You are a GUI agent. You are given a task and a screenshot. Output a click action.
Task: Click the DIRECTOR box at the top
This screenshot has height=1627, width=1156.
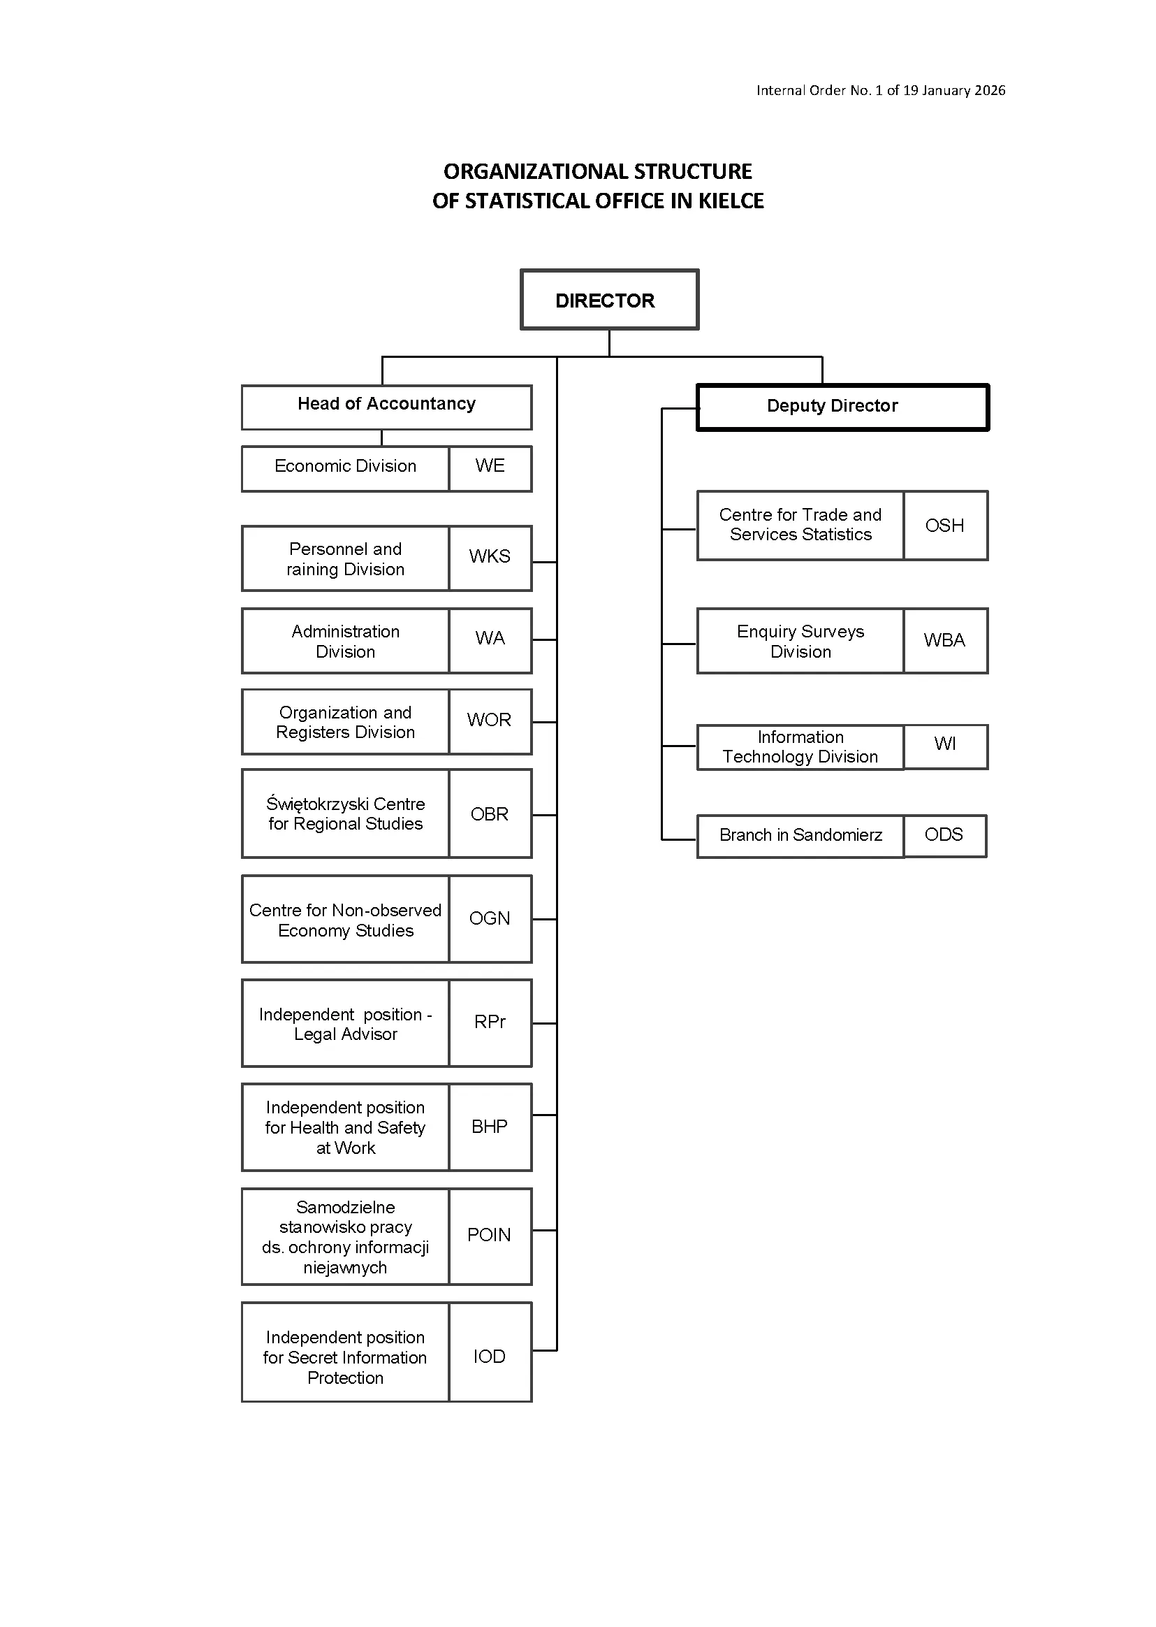coord(609,299)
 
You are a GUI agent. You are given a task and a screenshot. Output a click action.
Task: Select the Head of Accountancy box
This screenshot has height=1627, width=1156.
coord(386,407)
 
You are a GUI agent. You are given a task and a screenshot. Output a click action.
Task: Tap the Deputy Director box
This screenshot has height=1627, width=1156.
coord(843,407)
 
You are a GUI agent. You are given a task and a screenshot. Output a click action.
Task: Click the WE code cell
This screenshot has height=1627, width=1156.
coord(490,468)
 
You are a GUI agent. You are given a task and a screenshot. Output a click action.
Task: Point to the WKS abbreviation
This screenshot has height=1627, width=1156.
coord(490,556)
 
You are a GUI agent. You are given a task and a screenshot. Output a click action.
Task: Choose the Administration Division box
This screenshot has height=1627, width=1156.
coord(345,641)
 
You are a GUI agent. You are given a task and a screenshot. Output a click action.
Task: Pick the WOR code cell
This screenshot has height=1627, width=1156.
coord(490,721)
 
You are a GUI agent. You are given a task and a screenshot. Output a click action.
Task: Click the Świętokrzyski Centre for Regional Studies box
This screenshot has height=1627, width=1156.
coord(345,813)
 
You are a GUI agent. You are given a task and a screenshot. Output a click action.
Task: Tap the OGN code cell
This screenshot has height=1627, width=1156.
coord(490,918)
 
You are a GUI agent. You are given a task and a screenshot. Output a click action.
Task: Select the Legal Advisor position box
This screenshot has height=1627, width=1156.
coord(345,1023)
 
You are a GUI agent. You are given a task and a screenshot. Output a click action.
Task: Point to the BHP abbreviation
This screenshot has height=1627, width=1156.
coord(490,1127)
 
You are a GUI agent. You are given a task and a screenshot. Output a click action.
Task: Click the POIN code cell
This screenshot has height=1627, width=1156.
coord(490,1237)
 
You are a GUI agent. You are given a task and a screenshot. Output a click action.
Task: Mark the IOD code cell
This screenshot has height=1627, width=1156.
coord(490,1352)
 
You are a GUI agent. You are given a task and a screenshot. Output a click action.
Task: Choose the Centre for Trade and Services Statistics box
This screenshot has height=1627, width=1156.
coord(800,526)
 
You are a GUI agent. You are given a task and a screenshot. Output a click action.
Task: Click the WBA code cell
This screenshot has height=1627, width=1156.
coord(946,641)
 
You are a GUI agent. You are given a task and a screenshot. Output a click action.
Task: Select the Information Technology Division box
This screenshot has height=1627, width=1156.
coord(800,747)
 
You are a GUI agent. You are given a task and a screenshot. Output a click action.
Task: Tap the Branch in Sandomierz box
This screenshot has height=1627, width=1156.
coord(800,836)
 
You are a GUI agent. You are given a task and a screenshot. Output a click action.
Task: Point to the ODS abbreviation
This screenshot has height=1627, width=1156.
coord(944,834)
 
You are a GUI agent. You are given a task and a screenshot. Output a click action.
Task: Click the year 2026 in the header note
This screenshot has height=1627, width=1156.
coord(990,90)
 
